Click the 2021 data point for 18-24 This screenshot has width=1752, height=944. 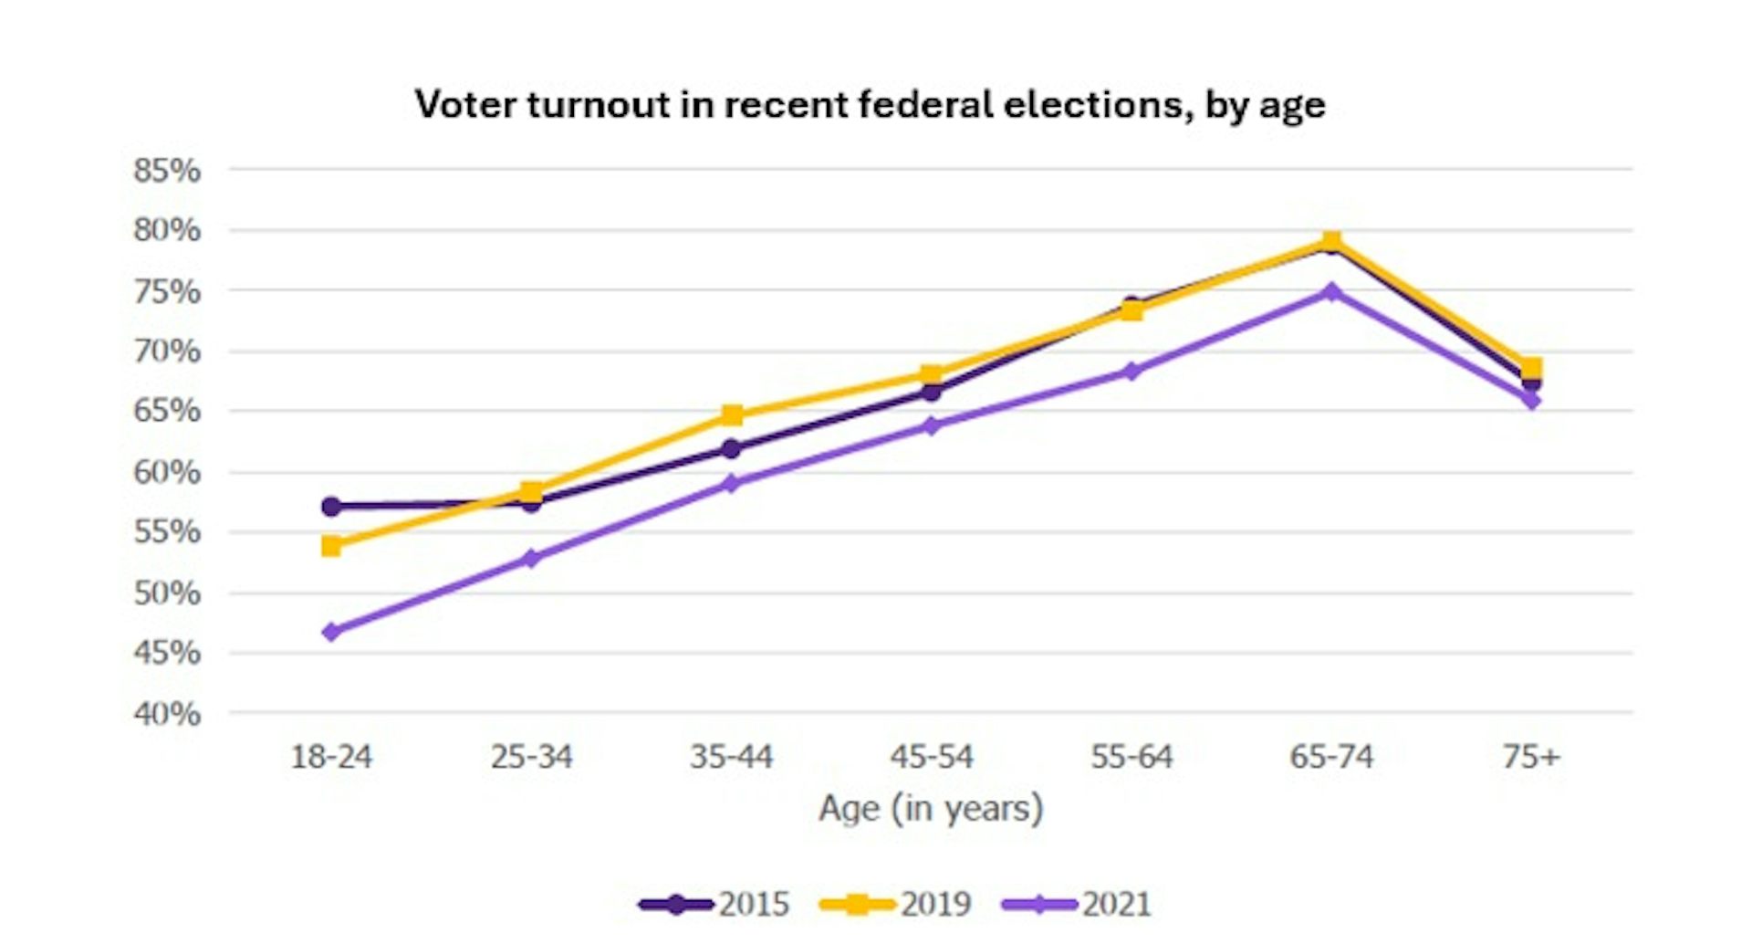(x=331, y=632)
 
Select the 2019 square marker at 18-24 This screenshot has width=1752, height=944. (x=331, y=546)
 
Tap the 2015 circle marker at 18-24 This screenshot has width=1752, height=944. (x=331, y=506)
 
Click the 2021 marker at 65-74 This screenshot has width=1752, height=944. (x=1331, y=292)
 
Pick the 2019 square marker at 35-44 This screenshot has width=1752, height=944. (x=732, y=415)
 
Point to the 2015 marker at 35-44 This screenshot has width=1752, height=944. (x=732, y=448)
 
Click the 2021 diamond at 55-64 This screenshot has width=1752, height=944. (x=1131, y=371)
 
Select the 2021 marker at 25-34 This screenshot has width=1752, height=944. (x=531, y=558)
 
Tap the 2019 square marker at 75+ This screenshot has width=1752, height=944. (x=1531, y=367)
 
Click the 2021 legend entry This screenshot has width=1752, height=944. (x=1077, y=904)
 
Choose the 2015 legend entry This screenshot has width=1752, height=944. (x=714, y=904)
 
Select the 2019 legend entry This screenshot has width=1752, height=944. (x=895, y=904)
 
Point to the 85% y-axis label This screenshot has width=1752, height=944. (x=167, y=170)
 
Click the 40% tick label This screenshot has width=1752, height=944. (x=167, y=713)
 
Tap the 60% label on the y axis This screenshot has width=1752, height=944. (x=167, y=472)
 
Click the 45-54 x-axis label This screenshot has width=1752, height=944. (x=932, y=756)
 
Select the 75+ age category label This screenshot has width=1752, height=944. (x=1531, y=756)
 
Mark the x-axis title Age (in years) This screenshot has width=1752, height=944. (x=931, y=809)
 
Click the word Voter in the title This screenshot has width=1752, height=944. (x=464, y=104)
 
